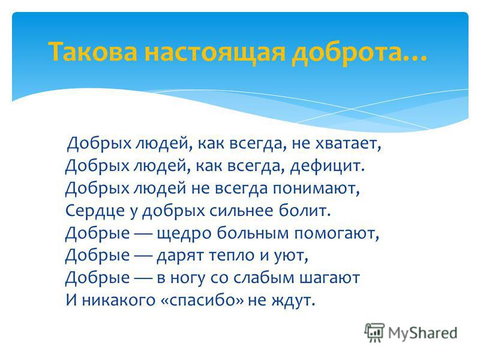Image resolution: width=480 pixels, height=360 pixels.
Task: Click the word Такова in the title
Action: click(x=93, y=51)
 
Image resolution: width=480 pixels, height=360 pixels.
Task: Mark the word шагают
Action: click(x=329, y=278)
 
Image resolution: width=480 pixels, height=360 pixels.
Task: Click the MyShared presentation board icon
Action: click(x=374, y=332)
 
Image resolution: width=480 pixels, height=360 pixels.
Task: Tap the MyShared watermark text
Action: click(x=423, y=333)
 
